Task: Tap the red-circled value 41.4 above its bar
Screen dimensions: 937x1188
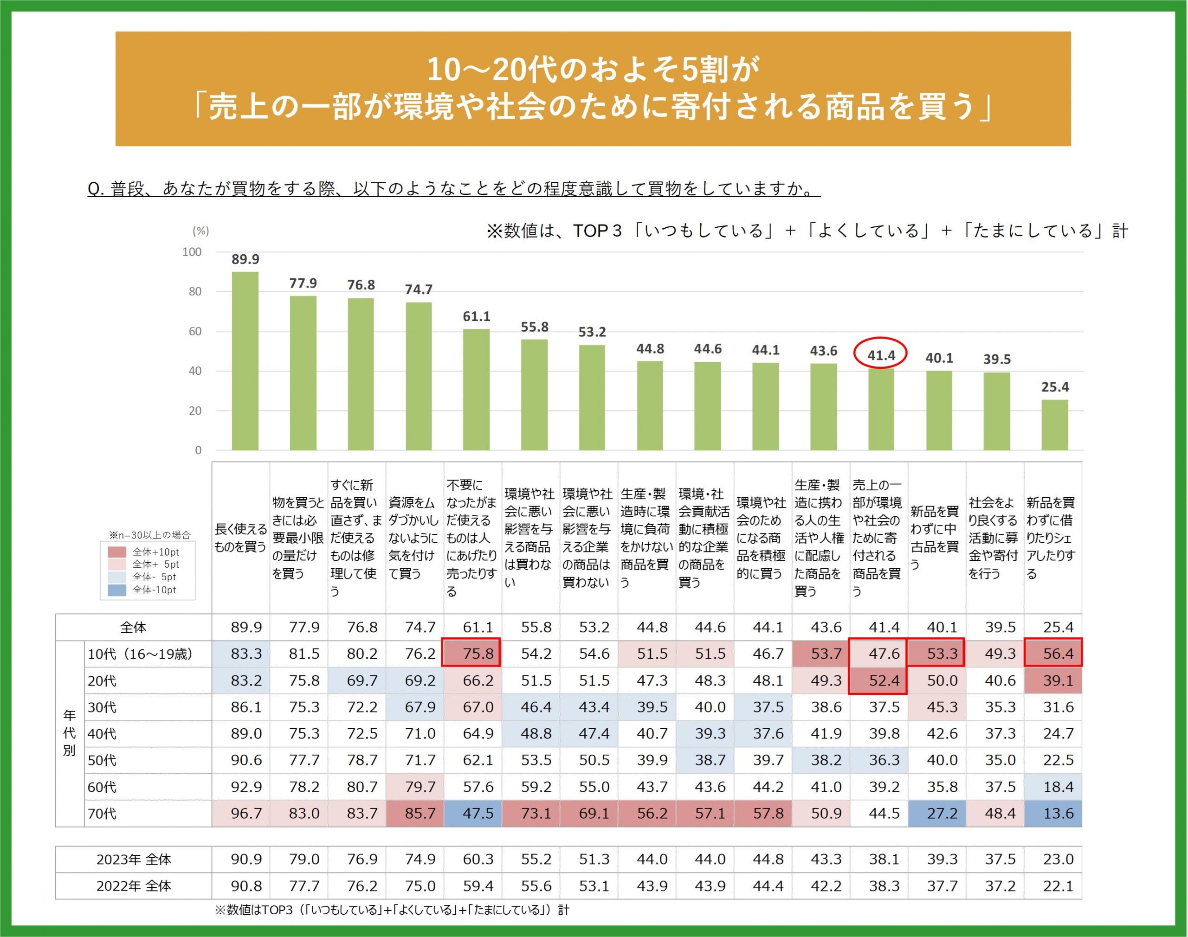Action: click(881, 355)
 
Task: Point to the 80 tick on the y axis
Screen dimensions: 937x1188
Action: click(195, 291)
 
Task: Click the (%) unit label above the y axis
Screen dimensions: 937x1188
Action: click(200, 231)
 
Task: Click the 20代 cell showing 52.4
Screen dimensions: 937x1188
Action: click(878, 680)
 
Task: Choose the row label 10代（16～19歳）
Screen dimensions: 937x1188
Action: click(141, 654)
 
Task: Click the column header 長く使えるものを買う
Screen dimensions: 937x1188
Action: click(240, 538)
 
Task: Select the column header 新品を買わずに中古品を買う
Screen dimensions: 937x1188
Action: click(935, 538)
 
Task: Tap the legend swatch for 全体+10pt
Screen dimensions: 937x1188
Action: click(117, 552)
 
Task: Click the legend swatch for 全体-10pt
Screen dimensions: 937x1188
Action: click(117, 590)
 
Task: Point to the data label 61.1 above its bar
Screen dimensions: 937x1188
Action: click(476, 316)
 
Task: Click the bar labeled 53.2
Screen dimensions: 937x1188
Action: click(592, 397)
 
